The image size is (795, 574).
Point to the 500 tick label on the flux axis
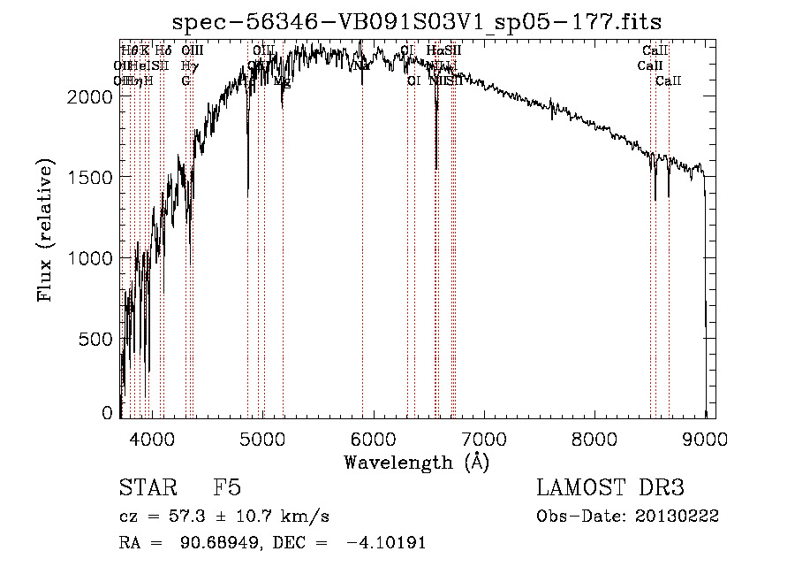95,339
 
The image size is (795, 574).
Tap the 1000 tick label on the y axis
89,258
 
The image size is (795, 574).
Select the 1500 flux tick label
89,177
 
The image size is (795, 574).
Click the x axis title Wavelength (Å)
416,462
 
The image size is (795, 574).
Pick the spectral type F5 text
226,489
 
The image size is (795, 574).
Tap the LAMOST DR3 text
609,489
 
